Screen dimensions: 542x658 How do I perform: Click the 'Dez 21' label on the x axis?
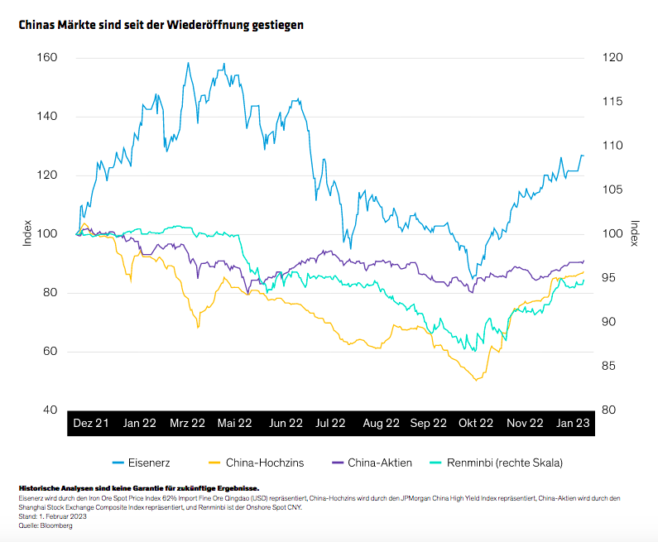[x=91, y=423]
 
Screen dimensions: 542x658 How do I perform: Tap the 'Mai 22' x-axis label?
[x=234, y=423]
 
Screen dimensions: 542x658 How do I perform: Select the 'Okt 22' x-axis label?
[x=477, y=423]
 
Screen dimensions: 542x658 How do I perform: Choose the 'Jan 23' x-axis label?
[x=572, y=423]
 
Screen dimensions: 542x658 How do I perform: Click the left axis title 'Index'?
[x=27, y=233]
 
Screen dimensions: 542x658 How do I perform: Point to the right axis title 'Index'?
[x=634, y=233]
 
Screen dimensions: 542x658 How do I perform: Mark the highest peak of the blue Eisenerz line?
[x=188, y=63]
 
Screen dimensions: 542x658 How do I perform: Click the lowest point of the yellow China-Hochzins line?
[x=476, y=381]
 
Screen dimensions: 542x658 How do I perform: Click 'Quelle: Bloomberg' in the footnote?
[x=46, y=526]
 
